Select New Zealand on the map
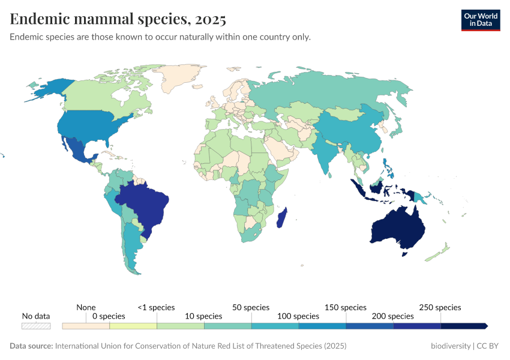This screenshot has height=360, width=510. pyautogui.click(x=437, y=253)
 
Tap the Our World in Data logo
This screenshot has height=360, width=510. pyautogui.click(x=480, y=20)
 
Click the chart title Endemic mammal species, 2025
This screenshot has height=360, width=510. pyautogui.click(x=118, y=19)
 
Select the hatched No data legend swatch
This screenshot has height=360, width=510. pyautogui.click(x=36, y=326)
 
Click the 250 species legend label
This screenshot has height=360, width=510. pyautogui.click(x=440, y=307)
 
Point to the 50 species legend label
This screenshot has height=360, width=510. pyautogui.click(x=251, y=307)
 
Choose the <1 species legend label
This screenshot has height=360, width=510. pyautogui.click(x=156, y=307)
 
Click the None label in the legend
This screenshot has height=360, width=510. pyautogui.click(x=86, y=307)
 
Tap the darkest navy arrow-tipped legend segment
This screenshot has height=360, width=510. pyautogui.click(x=464, y=326)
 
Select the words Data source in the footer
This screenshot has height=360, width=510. pyautogui.click(x=31, y=346)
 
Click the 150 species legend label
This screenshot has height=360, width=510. pyautogui.click(x=345, y=307)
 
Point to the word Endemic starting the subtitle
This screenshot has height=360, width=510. pyautogui.click(x=27, y=37)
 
